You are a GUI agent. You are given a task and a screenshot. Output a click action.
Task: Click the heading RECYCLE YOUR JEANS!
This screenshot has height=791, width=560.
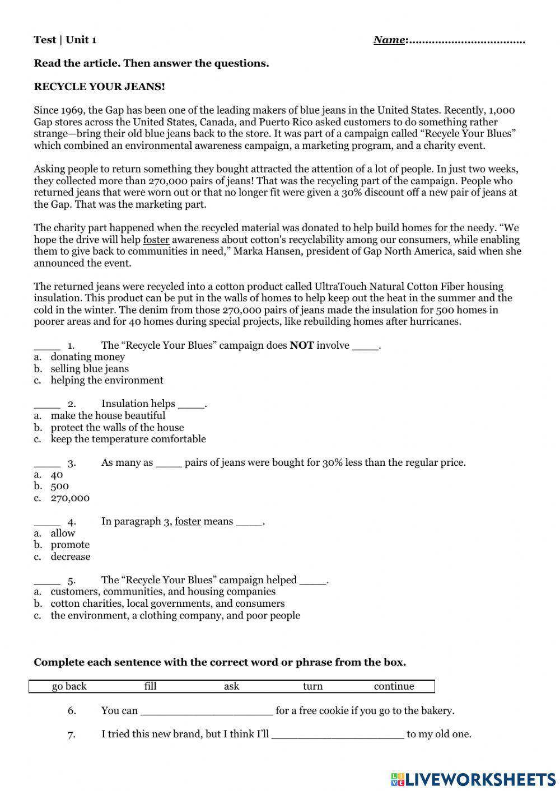tap(99, 87)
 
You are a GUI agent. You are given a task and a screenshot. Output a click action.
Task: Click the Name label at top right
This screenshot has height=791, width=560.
tap(389, 40)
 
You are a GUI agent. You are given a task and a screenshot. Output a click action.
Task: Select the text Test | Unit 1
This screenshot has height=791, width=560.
tap(65, 40)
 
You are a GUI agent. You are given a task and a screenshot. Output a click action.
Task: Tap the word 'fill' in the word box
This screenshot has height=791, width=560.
tap(150, 686)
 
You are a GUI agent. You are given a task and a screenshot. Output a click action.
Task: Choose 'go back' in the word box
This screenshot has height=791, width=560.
tap(69, 686)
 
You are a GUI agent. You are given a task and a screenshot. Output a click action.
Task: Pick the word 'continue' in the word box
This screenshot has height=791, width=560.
tap(394, 686)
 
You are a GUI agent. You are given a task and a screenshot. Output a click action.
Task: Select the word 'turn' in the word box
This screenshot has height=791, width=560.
tap(312, 686)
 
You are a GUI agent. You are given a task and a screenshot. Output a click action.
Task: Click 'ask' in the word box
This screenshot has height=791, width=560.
tap(231, 686)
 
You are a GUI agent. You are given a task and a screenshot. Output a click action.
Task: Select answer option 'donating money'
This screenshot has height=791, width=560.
tap(87, 357)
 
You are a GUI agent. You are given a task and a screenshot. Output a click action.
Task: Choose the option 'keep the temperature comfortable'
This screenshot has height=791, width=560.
tap(128, 439)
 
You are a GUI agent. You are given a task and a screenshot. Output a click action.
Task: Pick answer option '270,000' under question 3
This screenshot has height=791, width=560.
tap(70, 498)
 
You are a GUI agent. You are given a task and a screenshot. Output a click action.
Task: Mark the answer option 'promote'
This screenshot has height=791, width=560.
tap(70, 545)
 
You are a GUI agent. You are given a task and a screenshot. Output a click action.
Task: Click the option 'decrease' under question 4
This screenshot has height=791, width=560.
tap(70, 557)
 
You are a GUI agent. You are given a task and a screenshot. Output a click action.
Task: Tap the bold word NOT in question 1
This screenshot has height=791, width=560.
tap(301, 345)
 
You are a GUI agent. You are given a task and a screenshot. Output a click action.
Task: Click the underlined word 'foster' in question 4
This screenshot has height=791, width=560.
tap(188, 522)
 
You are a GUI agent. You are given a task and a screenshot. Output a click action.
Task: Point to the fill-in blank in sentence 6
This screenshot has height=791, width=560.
tap(207, 711)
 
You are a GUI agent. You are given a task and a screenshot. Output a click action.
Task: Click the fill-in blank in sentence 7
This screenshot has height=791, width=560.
tap(338, 734)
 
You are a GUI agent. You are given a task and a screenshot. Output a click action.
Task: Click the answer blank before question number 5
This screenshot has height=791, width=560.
tap(47, 581)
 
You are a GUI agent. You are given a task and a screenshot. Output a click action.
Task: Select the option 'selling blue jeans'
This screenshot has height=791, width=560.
tap(90, 369)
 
